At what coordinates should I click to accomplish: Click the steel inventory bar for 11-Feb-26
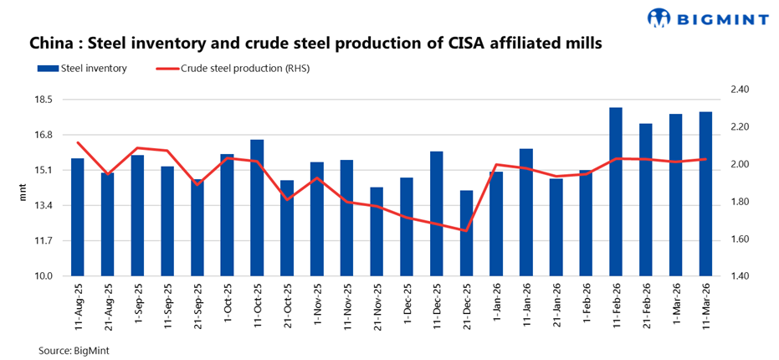(x=616, y=192)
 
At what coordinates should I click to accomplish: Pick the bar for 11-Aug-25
(x=77, y=217)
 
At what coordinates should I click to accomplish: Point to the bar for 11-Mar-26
(x=705, y=193)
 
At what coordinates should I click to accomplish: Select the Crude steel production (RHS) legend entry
(x=243, y=69)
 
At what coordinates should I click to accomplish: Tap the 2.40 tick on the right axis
(x=741, y=90)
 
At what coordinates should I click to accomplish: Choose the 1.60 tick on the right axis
(x=741, y=239)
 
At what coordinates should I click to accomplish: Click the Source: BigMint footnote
(x=74, y=351)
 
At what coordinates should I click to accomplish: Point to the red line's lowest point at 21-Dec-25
(x=466, y=231)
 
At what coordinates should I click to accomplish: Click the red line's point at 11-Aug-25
(x=77, y=142)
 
